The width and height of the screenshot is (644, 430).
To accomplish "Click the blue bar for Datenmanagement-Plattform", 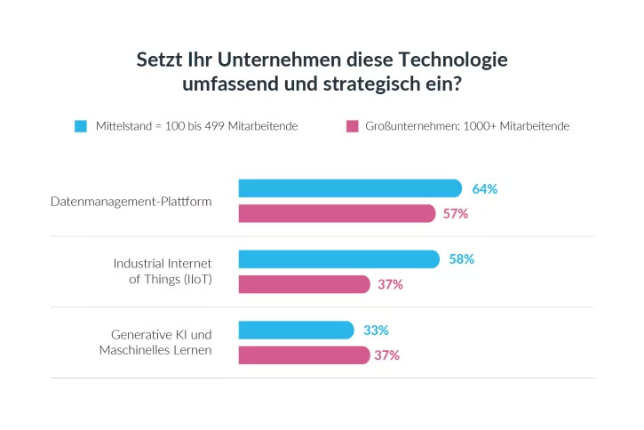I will point(350,188).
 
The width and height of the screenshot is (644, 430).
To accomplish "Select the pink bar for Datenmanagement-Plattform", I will point(337,213).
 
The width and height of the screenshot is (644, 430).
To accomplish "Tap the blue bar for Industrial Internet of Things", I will point(338,259).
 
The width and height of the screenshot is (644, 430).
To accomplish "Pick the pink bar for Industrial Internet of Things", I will point(304,284).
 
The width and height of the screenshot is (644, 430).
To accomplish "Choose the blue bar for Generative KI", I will point(296,330).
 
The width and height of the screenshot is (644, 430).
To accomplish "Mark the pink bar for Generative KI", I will point(304,355).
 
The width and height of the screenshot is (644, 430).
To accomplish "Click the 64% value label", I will point(484,189).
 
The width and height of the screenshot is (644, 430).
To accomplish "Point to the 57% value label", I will point(456,214).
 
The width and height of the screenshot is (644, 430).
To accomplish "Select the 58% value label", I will point(461,259).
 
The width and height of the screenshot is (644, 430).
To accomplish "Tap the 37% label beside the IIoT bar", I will point(391,284).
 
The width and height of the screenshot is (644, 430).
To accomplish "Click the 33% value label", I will point(376,330).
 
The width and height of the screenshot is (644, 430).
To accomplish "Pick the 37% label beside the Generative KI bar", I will point(387,355).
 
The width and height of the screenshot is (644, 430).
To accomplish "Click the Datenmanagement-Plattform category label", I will point(131,202).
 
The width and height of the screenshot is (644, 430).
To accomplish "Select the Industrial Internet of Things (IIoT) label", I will point(163,272).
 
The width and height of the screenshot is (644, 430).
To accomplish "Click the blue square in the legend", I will point(81,126).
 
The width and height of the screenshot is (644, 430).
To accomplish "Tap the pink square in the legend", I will point(351,126).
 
